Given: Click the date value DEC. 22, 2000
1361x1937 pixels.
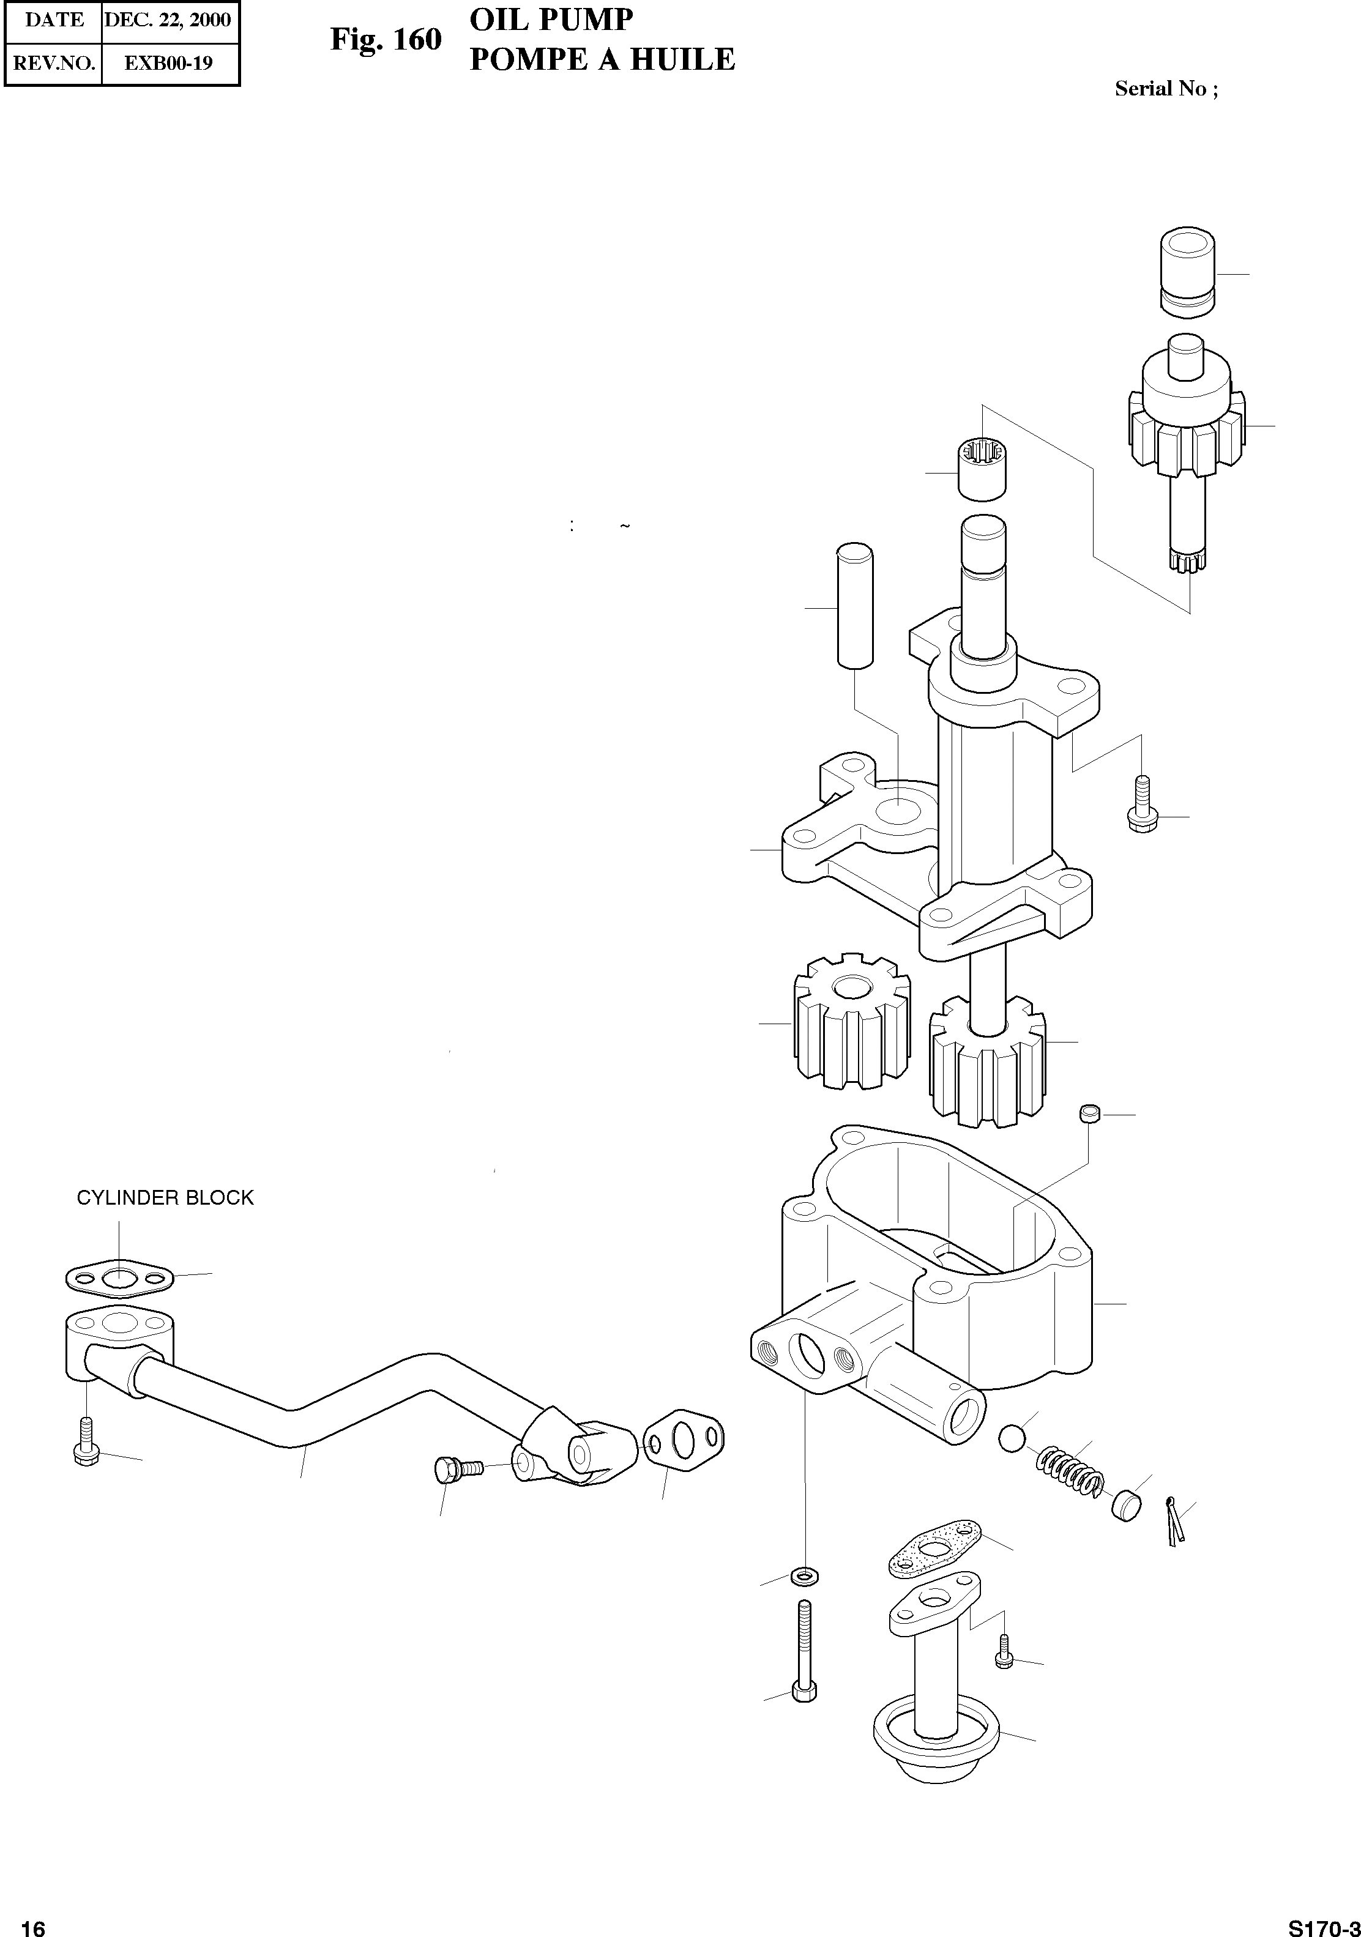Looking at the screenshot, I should (x=167, y=20).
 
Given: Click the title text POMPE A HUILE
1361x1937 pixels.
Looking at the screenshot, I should (x=602, y=60).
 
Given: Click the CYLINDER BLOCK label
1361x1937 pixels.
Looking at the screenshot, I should (x=165, y=1197).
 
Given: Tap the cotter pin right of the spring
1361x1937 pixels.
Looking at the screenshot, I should (x=1174, y=1521).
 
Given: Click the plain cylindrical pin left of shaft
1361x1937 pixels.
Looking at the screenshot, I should (x=854, y=606).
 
